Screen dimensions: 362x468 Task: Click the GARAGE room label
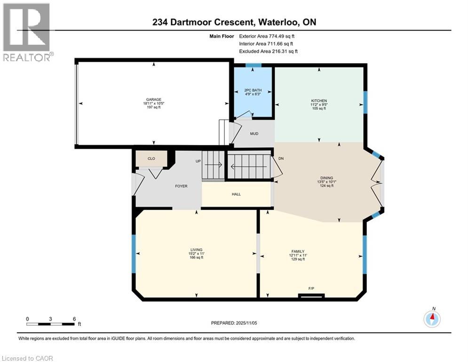click(x=151, y=99)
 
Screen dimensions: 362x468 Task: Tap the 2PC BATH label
click(x=253, y=90)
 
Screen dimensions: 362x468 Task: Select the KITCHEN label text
click(x=318, y=101)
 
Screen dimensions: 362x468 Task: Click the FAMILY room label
click(x=297, y=251)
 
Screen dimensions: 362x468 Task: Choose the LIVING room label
click(x=196, y=250)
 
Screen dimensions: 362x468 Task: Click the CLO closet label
click(x=151, y=159)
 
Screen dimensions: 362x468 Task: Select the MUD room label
click(x=254, y=134)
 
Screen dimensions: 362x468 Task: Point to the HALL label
click(x=236, y=194)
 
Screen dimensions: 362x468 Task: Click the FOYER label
click(x=181, y=186)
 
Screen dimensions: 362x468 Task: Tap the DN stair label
click(x=281, y=158)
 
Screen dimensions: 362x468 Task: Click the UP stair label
click(x=198, y=161)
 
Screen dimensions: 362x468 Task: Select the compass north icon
click(x=431, y=319)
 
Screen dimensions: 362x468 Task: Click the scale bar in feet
click(x=50, y=324)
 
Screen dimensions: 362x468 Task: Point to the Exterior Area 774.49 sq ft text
click(x=268, y=36)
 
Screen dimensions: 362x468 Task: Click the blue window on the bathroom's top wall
click(x=254, y=66)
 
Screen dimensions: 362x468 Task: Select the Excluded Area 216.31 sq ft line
click(x=269, y=51)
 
